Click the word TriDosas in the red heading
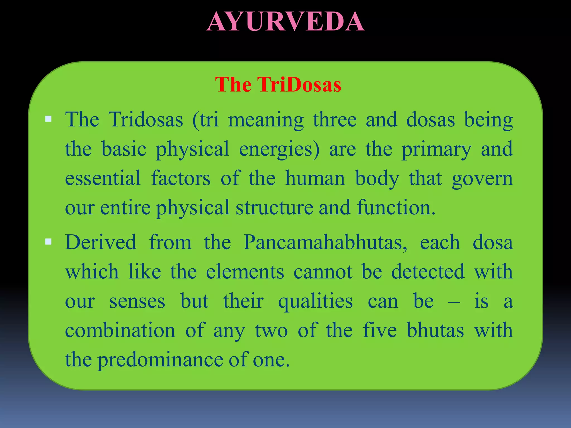click(299, 84)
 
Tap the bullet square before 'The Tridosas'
click(49, 119)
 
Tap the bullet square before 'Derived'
click(49, 242)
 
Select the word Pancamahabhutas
click(325, 242)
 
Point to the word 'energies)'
click(279, 150)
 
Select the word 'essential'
click(103, 178)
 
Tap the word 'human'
click(315, 178)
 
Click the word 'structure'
click(274, 208)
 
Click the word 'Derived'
click(101, 242)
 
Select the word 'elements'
click(245, 272)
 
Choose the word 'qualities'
click(315, 301)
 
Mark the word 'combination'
click(120, 330)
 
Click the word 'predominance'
click(160, 360)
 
